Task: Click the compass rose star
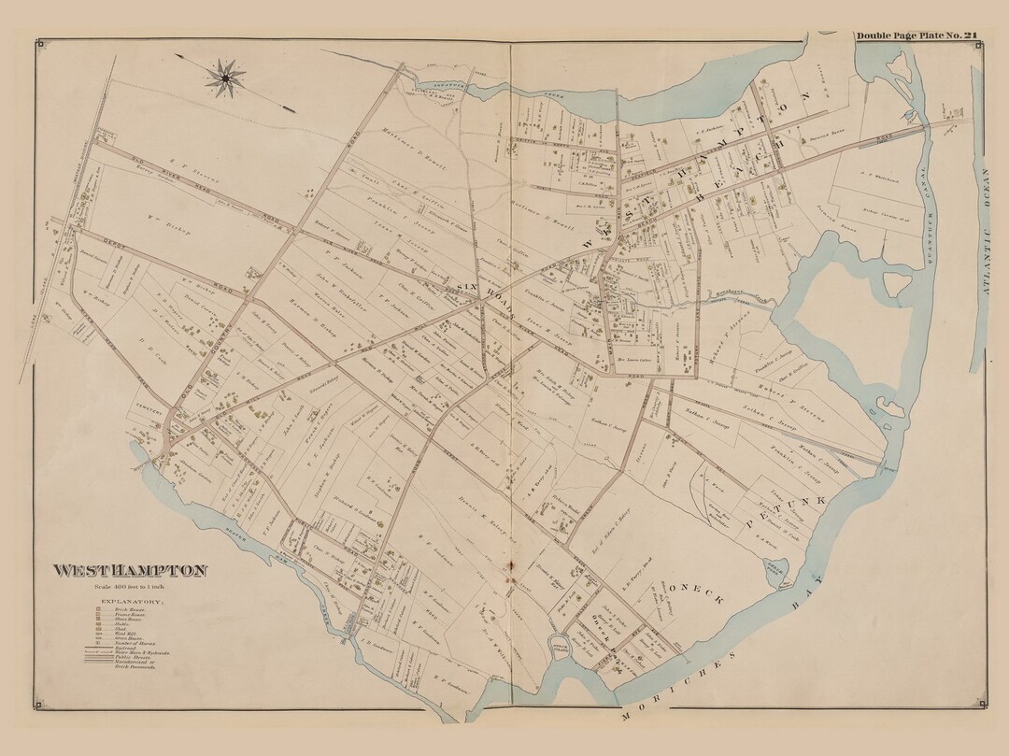point(224,78)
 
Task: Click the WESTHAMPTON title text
point(130,571)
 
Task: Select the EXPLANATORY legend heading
point(130,601)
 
